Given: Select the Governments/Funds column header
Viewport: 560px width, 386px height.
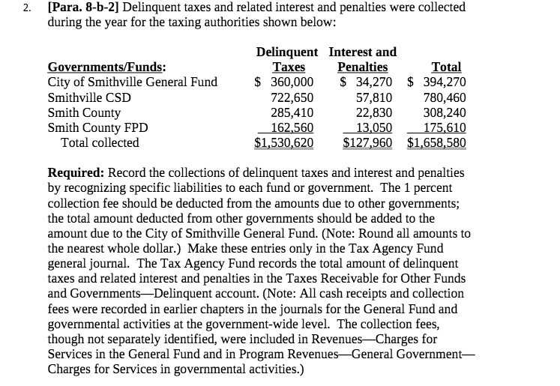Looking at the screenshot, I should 107,67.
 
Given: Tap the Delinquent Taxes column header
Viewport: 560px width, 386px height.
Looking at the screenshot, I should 286,59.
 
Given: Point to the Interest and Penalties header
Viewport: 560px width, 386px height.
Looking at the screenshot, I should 363,59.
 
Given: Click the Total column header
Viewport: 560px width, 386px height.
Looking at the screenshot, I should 447,67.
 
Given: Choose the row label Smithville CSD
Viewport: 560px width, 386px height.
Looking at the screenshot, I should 89,97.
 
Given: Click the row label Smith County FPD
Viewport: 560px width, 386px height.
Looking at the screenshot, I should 97,127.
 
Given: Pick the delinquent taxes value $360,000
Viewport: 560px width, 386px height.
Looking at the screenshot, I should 284,82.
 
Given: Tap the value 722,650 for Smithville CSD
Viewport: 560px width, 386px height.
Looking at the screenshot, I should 292,97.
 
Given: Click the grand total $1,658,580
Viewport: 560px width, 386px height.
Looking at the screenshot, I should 437,142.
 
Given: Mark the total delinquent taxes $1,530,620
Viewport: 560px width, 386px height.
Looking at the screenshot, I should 284,142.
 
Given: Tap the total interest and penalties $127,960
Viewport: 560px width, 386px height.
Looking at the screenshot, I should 367,142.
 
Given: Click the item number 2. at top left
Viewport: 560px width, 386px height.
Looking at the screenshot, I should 27,8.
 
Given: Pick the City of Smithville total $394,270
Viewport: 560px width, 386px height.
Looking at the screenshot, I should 437,82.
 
